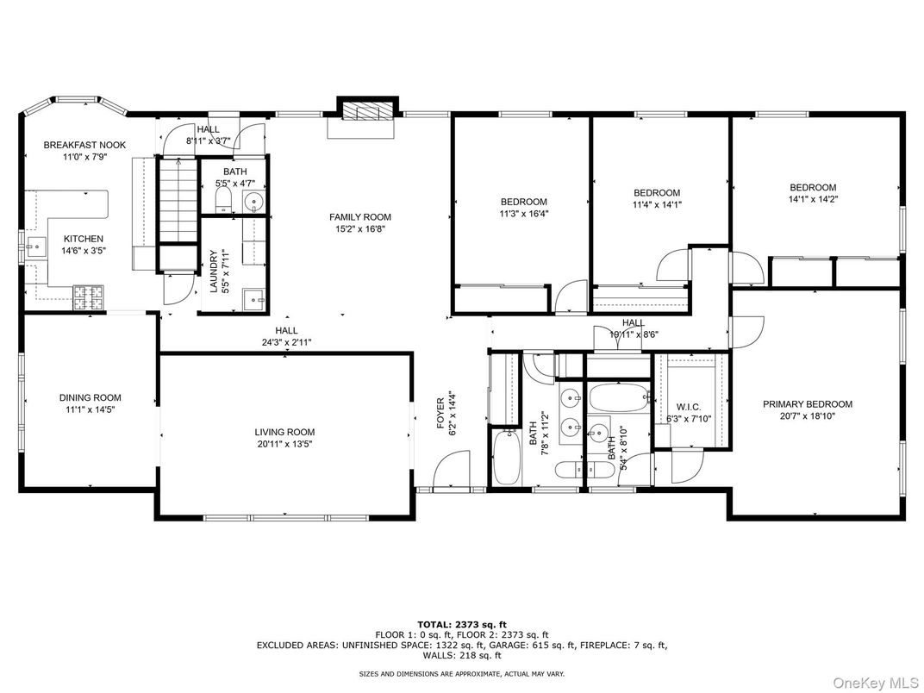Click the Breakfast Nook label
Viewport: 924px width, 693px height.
pos(84,145)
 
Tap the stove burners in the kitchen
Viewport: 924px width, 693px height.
pos(88,298)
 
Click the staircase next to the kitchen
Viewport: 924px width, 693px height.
pos(178,200)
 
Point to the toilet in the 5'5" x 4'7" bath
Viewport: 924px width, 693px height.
pos(224,200)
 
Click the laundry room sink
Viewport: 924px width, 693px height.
pos(254,299)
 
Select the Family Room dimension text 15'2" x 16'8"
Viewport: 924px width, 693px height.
pos(360,228)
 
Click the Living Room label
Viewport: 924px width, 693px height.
pos(284,432)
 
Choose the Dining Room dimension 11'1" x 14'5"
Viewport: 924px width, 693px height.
pos(91,409)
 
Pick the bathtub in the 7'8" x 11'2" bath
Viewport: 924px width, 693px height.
pos(506,458)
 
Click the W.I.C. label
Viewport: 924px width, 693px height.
pos(689,407)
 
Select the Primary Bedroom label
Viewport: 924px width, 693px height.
pos(808,404)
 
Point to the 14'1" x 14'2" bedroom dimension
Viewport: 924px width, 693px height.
pos(813,199)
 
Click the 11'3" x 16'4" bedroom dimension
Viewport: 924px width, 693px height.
pos(524,213)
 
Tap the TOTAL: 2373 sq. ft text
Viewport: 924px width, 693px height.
pos(462,625)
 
